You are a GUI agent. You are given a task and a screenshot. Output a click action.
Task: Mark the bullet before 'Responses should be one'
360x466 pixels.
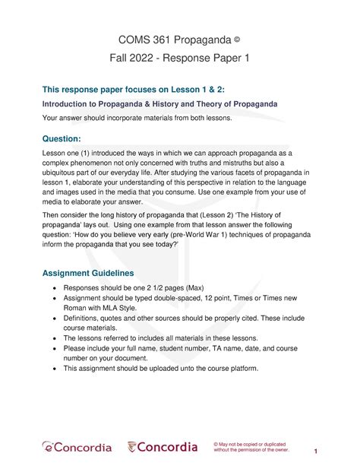pos(52,290)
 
